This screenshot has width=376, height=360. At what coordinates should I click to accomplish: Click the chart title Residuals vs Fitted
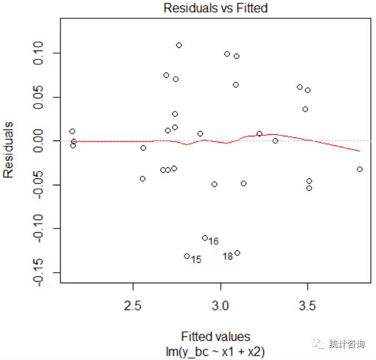pyautogui.click(x=215, y=8)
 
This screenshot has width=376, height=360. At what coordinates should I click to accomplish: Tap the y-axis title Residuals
pyautogui.click(x=8, y=150)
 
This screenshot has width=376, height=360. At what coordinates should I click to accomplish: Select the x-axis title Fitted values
pyautogui.click(x=215, y=336)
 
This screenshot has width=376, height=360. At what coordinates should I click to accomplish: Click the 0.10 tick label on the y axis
pyautogui.click(x=41, y=53)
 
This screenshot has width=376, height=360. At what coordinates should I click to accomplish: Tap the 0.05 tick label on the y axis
pyautogui.click(x=41, y=97)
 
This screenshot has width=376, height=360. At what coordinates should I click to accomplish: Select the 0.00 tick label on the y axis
pyautogui.click(x=41, y=141)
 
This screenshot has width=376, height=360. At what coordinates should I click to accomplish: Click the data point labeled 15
pyautogui.click(x=187, y=256)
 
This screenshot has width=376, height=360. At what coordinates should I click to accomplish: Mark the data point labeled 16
pyautogui.click(x=205, y=238)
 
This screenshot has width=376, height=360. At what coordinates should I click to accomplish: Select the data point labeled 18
pyautogui.click(x=238, y=253)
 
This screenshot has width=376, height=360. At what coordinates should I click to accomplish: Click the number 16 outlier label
pyautogui.click(x=213, y=242)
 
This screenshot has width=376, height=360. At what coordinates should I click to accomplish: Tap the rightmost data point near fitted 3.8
pyautogui.click(x=360, y=169)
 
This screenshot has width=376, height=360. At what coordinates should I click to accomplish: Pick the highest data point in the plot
pyautogui.click(x=179, y=45)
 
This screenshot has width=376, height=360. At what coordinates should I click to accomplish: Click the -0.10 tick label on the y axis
pyautogui.click(x=41, y=228)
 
